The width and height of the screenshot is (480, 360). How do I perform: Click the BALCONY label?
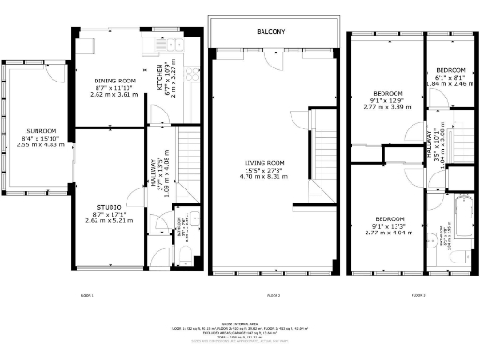point(272,32)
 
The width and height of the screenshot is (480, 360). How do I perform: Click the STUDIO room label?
point(109,207)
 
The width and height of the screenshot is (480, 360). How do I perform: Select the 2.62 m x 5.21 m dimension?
point(109,220)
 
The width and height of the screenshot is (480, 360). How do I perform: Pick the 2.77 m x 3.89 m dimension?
point(387,107)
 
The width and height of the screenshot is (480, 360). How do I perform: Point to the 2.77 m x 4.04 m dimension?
point(387,229)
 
